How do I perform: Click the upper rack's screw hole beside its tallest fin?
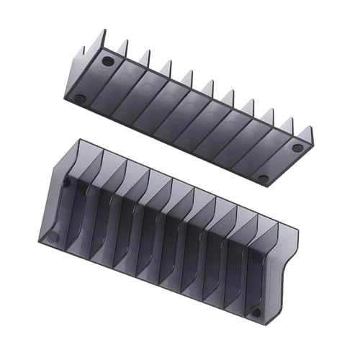coord(108,61)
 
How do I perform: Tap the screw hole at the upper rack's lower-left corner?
coord(81,98)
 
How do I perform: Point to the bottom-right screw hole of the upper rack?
coord(264,178)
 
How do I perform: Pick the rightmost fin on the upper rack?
coord(308,134)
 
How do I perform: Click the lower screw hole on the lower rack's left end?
coord(52,235)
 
